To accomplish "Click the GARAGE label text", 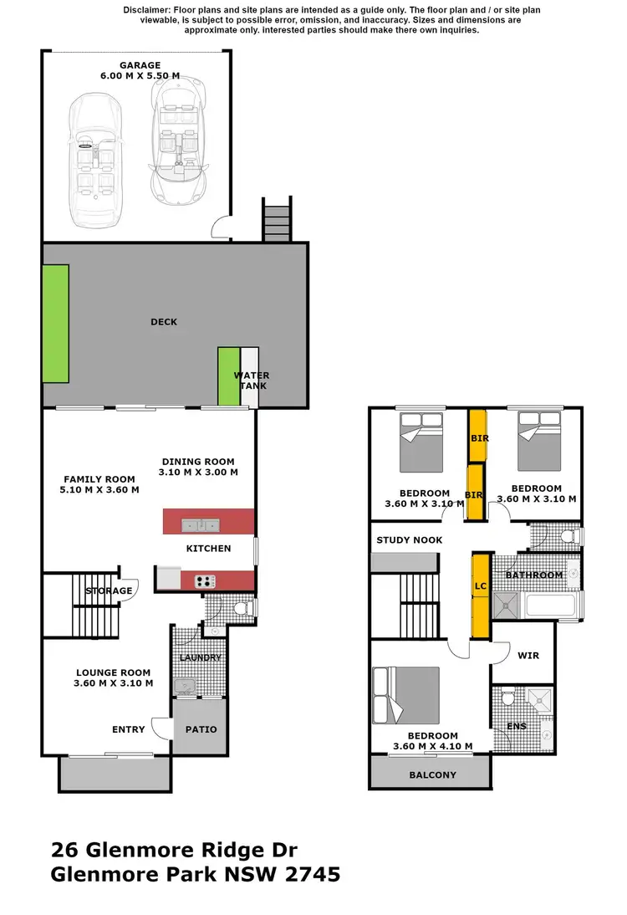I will coord(139,65).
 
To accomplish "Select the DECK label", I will coord(164,322).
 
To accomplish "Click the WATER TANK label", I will coord(251,381).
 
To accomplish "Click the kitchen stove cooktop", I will coord(206,581).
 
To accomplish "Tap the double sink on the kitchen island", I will coord(200,525).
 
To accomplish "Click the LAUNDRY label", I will coord(201,657).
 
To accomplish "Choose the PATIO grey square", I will coord(201,728).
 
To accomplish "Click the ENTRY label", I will coord(128,729).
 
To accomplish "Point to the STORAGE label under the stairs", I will coord(109,590).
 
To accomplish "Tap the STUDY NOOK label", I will coord(410,540).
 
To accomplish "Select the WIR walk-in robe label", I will coord(528,656).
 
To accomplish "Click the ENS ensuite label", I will coord(517,726).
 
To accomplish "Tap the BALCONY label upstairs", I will coord(432,774).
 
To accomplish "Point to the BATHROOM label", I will coord(534,575).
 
